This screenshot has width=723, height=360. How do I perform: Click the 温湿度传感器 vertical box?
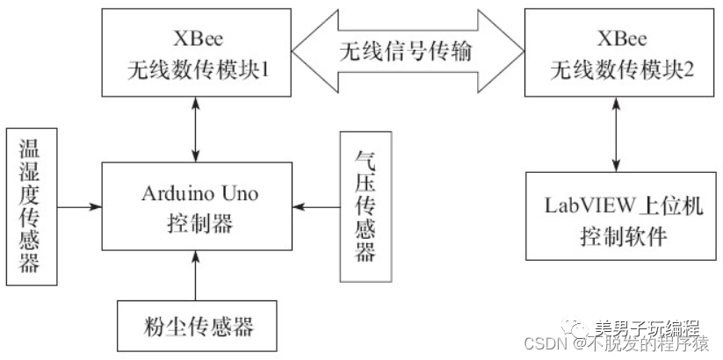click(x=31, y=208)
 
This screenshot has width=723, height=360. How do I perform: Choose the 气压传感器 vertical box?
click(x=365, y=207)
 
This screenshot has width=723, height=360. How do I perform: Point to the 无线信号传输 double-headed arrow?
click(x=407, y=52)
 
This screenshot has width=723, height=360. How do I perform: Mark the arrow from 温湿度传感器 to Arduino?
click(x=79, y=207)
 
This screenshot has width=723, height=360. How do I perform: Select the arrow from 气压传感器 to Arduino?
click(x=316, y=207)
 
